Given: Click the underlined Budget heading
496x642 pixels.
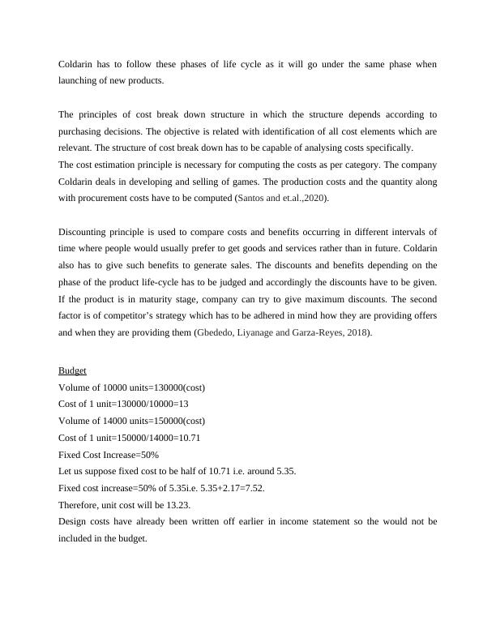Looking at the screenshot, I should pos(72,370).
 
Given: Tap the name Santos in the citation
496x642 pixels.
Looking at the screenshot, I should pos(251,197).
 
